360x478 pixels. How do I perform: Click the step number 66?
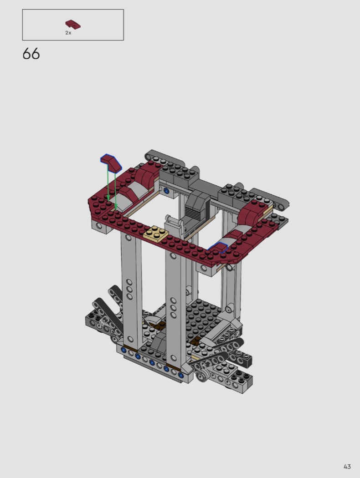(x=31, y=54)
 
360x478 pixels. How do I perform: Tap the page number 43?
(x=347, y=467)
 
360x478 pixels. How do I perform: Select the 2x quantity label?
(x=68, y=33)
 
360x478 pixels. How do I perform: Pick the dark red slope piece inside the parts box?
(x=73, y=25)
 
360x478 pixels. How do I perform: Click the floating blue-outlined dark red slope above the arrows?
(x=111, y=163)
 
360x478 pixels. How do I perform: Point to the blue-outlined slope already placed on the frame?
(x=217, y=247)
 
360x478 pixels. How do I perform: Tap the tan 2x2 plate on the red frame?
(x=156, y=234)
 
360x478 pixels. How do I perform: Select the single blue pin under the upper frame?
(x=166, y=191)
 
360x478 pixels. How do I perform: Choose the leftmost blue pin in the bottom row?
(x=123, y=350)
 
